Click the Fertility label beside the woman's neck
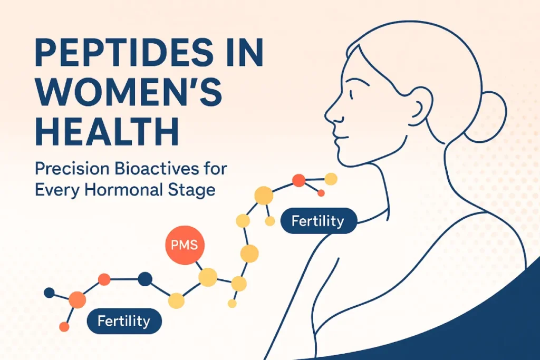319,220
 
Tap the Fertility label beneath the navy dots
123,320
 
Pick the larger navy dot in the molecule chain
144,279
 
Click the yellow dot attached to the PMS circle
207,277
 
